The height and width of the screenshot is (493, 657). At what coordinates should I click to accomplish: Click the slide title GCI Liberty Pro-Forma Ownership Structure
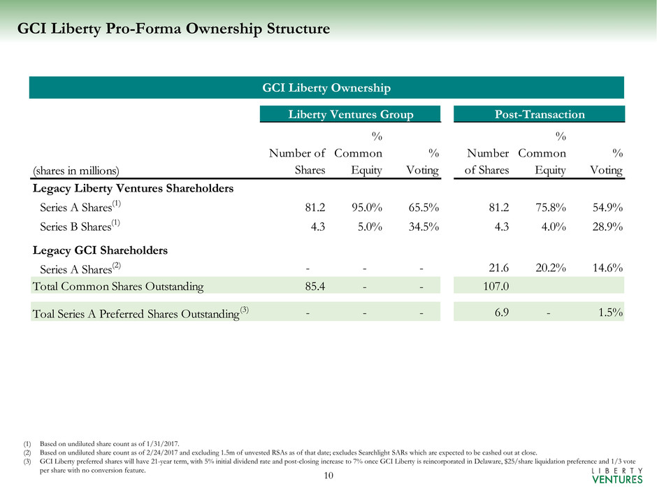tap(173, 29)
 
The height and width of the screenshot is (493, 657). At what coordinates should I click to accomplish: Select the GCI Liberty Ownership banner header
tap(326, 87)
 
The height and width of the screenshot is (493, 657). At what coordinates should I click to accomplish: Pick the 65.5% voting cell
tap(423, 207)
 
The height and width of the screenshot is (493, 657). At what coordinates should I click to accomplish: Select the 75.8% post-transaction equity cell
tap(551, 207)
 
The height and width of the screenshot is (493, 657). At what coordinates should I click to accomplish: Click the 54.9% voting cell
tap(607, 207)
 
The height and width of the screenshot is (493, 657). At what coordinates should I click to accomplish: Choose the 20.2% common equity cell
tap(551, 266)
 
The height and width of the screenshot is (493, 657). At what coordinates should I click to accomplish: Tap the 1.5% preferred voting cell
tap(611, 313)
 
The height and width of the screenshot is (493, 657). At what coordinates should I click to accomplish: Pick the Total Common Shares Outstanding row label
tap(118, 285)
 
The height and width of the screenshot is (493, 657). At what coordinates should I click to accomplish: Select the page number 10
tap(328, 476)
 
